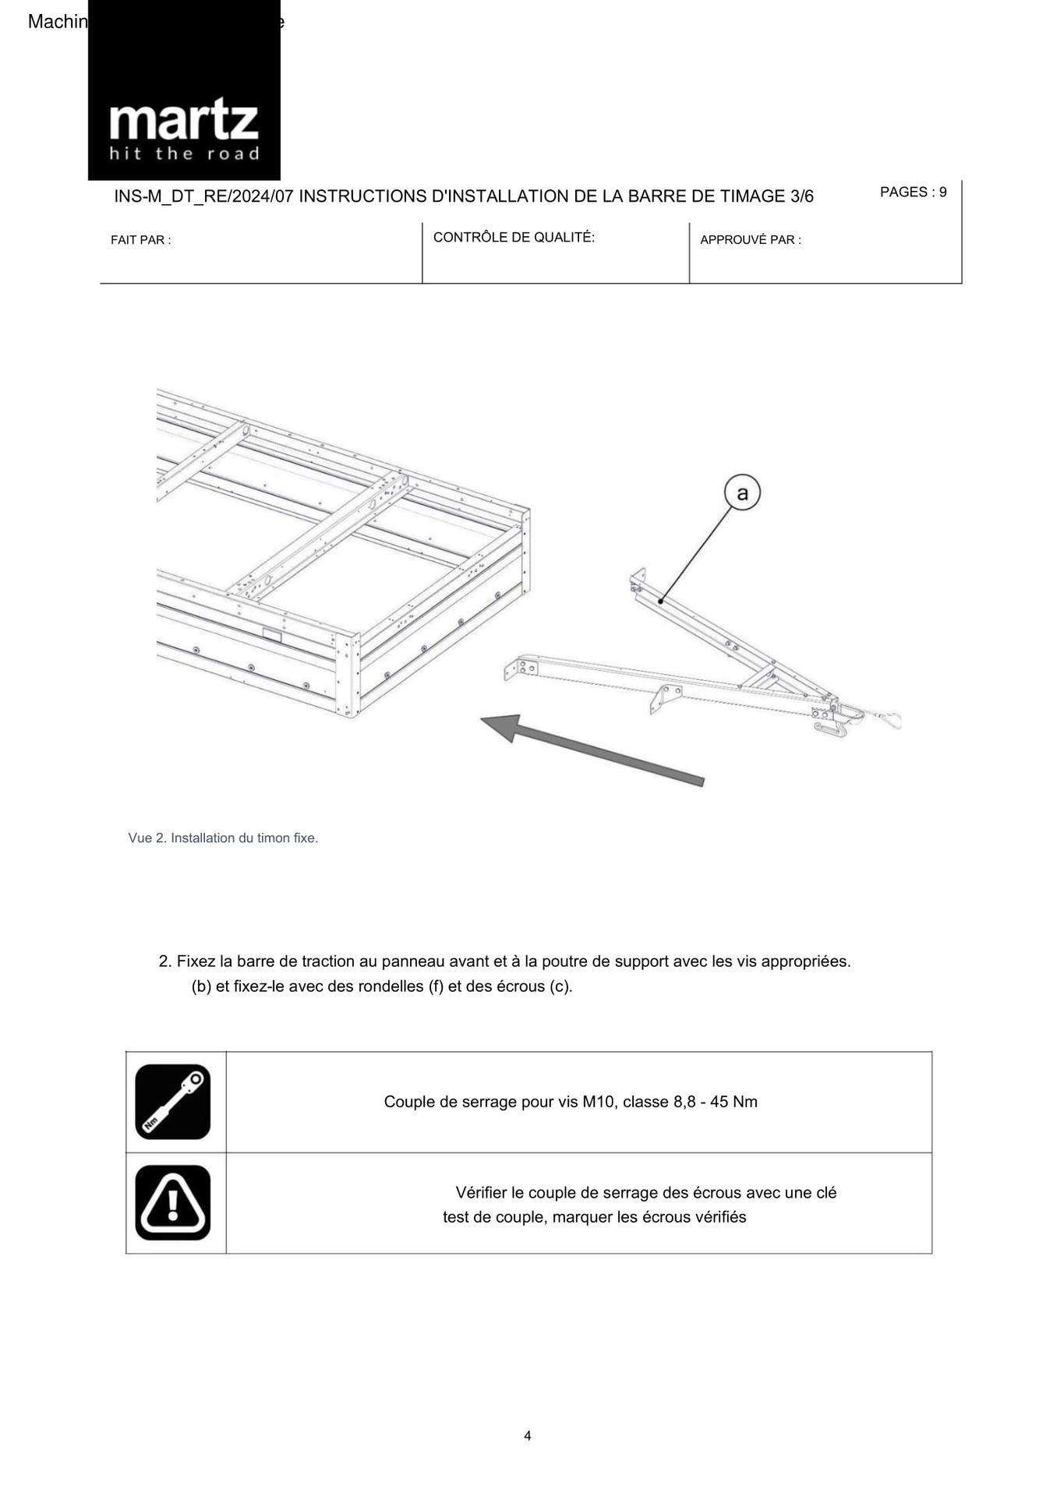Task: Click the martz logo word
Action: tap(183, 122)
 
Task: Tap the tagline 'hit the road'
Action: tap(184, 153)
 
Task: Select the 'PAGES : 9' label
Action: tap(913, 192)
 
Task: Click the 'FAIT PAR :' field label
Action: tap(140, 240)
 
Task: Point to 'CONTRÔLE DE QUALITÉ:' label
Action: tap(514, 238)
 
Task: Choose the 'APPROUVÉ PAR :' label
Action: tap(750, 240)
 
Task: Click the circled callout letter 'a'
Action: tap(741, 493)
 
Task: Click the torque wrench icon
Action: tap(173, 1102)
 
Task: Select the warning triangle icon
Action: tap(173, 1202)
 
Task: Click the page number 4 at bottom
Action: tap(528, 1436)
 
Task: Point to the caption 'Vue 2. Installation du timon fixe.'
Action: tap(223, 838)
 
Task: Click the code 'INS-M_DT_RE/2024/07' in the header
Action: tap(203, 196)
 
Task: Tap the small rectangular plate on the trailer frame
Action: tap(272, 636)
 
